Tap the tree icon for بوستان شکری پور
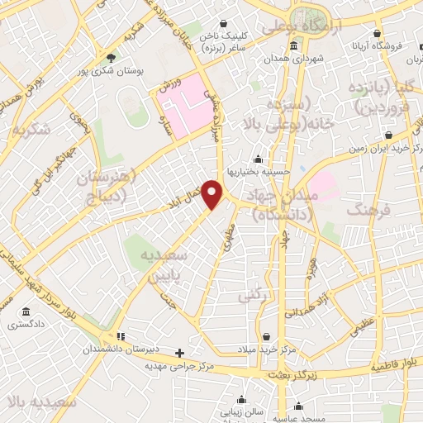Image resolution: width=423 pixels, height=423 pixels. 112,58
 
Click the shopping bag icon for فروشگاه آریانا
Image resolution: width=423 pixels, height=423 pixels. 377,34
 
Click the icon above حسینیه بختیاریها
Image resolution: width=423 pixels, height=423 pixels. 258,159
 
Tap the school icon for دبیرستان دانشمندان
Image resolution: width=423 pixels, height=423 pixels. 121,336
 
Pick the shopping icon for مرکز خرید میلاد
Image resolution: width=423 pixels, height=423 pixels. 267,335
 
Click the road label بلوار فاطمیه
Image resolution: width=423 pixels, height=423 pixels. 394,364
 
